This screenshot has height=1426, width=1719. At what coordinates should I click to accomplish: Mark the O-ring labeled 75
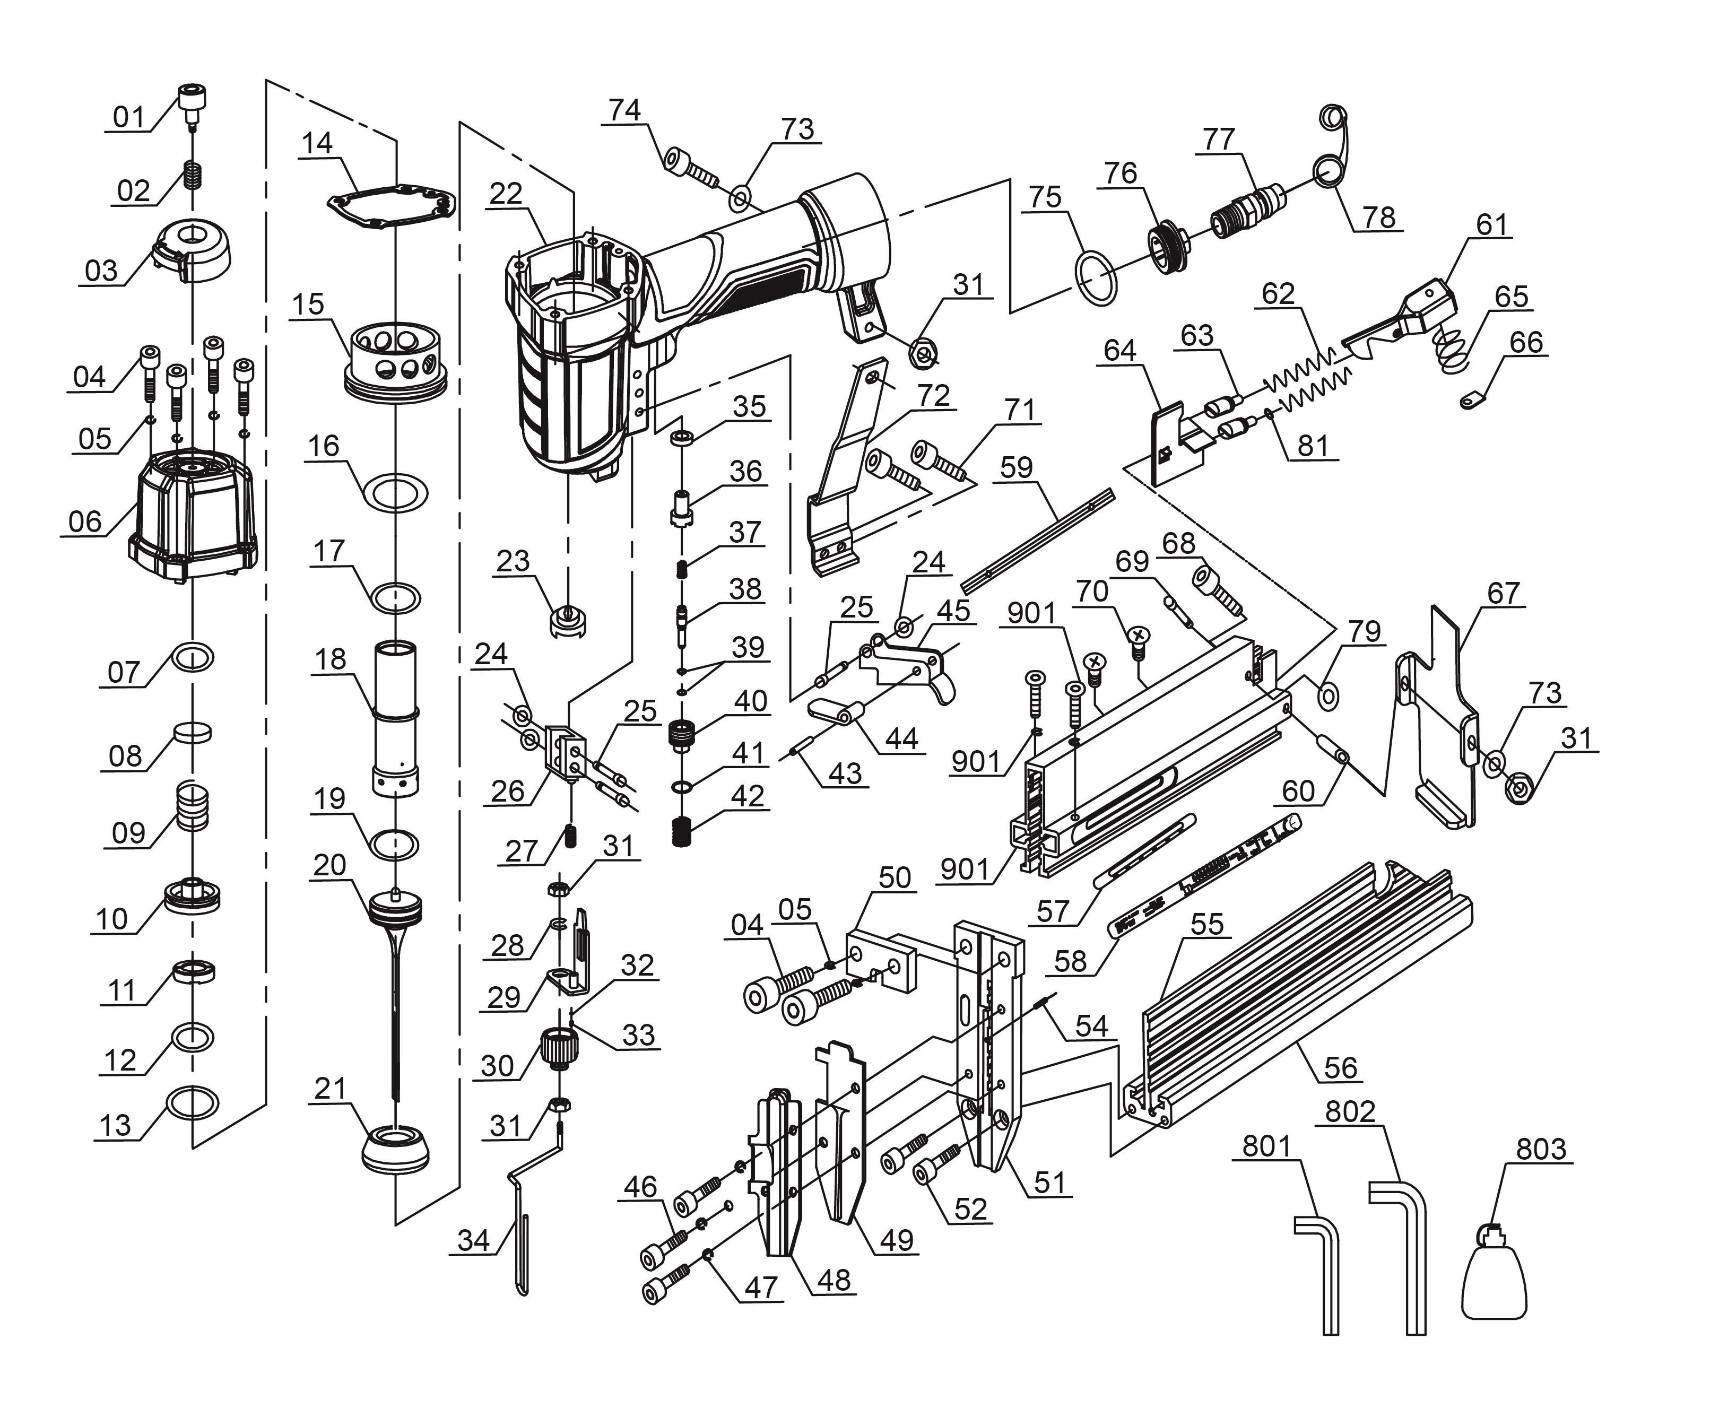(1095, 279)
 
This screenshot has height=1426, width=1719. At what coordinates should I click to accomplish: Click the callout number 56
(1340, 1067)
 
